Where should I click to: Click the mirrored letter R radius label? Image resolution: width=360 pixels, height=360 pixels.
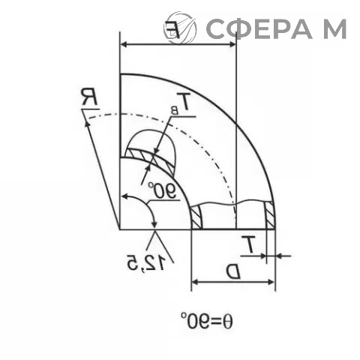point(89,97)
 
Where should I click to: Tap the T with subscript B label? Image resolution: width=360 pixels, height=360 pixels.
point(181,103)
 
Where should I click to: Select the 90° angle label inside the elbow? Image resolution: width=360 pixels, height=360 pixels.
point(162,190)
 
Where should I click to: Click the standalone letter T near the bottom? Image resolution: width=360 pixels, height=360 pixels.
point(248,244)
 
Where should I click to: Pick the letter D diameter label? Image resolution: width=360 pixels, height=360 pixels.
point(233,271)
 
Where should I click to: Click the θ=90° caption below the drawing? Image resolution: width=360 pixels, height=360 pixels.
point(207,321)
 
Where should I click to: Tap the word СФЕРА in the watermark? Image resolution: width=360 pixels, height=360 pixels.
point(259,28)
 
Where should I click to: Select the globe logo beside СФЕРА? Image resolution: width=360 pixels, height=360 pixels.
point(180,27)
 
